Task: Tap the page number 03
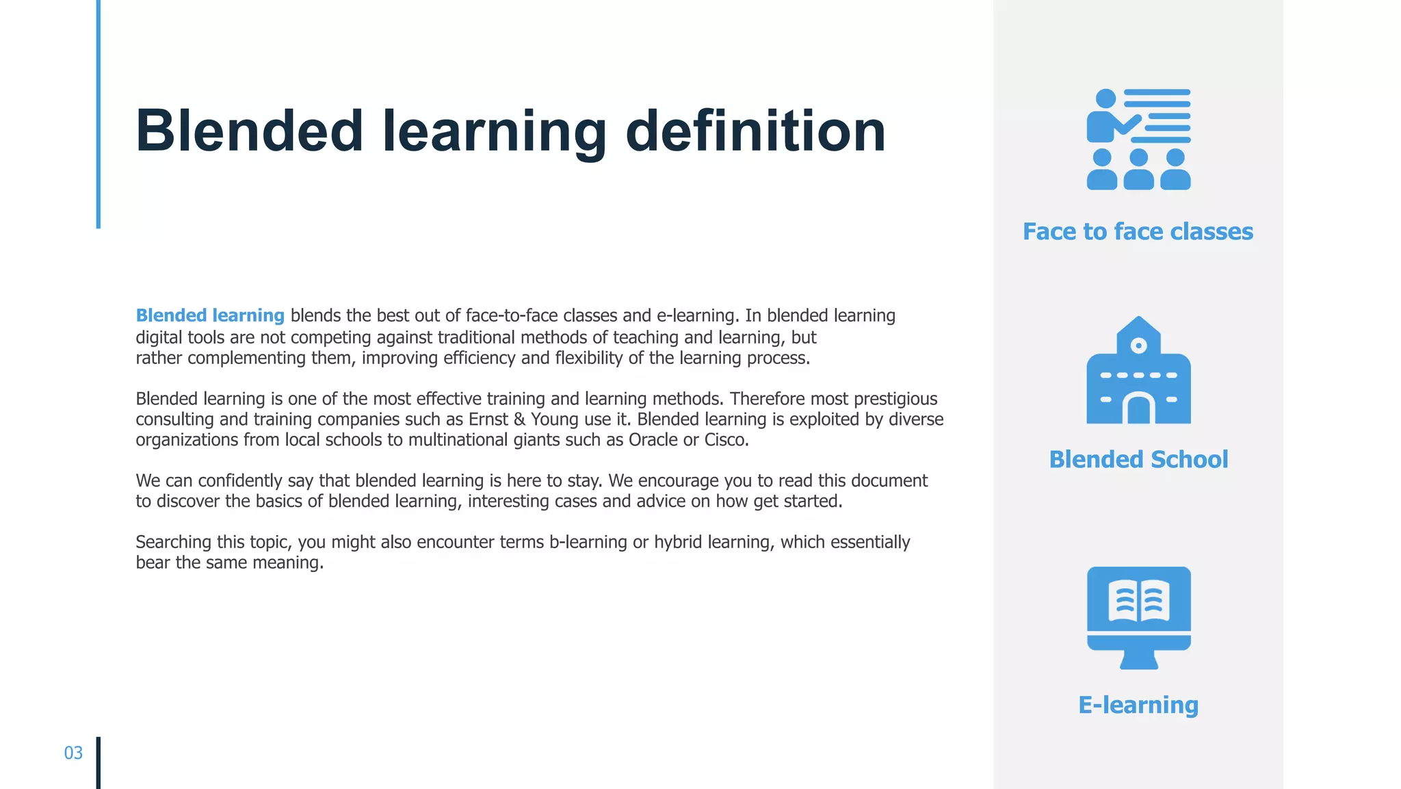pos(73,753)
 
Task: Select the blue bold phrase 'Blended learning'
pos(210,315)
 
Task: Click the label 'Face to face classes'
pos(1138,231)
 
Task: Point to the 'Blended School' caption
pos(1138,459)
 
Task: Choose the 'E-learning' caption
pos(1138,705)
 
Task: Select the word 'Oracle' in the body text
pos(653,440)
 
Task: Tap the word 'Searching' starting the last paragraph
pos(174,542)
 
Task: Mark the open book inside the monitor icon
pos(1138,600)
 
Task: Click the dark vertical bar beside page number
pos(99,762)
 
